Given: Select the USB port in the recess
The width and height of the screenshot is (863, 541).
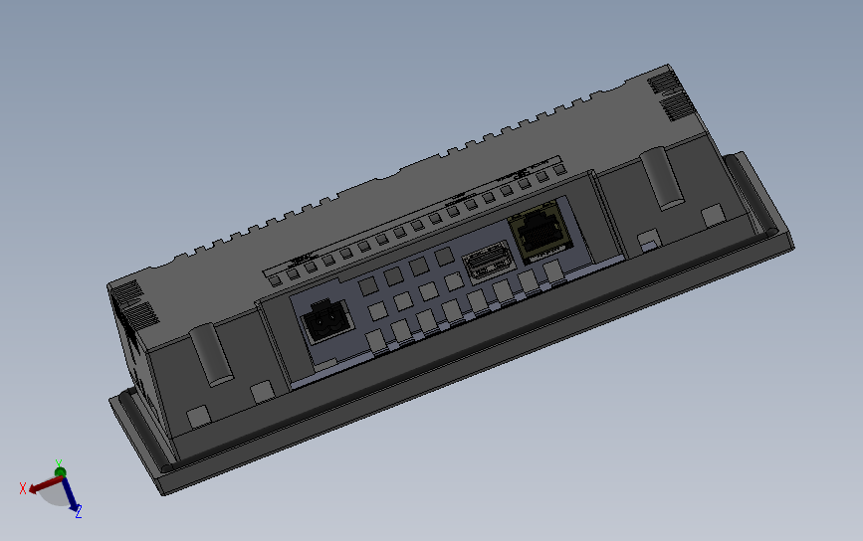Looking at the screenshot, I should point(487,265).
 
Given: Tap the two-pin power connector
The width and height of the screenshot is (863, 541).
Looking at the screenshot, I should point(325,320).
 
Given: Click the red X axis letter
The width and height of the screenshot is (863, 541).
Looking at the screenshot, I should point(23,488).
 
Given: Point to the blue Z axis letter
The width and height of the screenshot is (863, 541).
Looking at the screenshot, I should point(78,512).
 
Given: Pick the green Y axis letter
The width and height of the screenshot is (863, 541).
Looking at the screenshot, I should point(60,463).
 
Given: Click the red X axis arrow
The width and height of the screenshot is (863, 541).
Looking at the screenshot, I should point(42,486).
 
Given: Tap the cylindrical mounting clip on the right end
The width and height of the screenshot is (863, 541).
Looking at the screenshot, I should point(661,176).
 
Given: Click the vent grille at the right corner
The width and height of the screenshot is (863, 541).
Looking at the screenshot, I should point(669,95).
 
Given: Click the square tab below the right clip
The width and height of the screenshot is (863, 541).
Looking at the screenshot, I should point(713,214).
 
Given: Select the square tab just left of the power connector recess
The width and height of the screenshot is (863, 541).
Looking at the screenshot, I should point(263,392).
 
